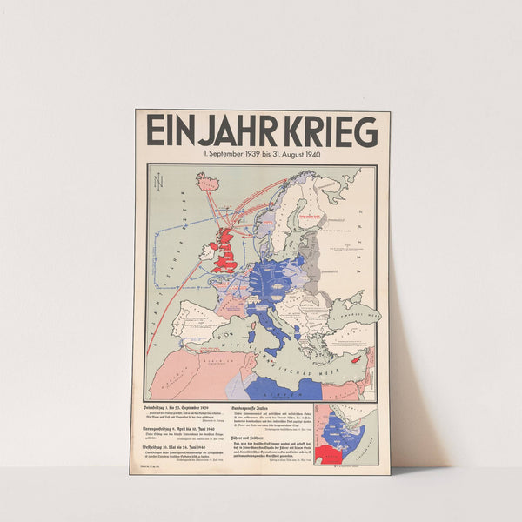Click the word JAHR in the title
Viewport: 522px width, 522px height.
[228, 132]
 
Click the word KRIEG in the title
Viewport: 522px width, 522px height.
[329, 132]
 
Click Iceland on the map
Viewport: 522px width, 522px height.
[208, 182]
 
